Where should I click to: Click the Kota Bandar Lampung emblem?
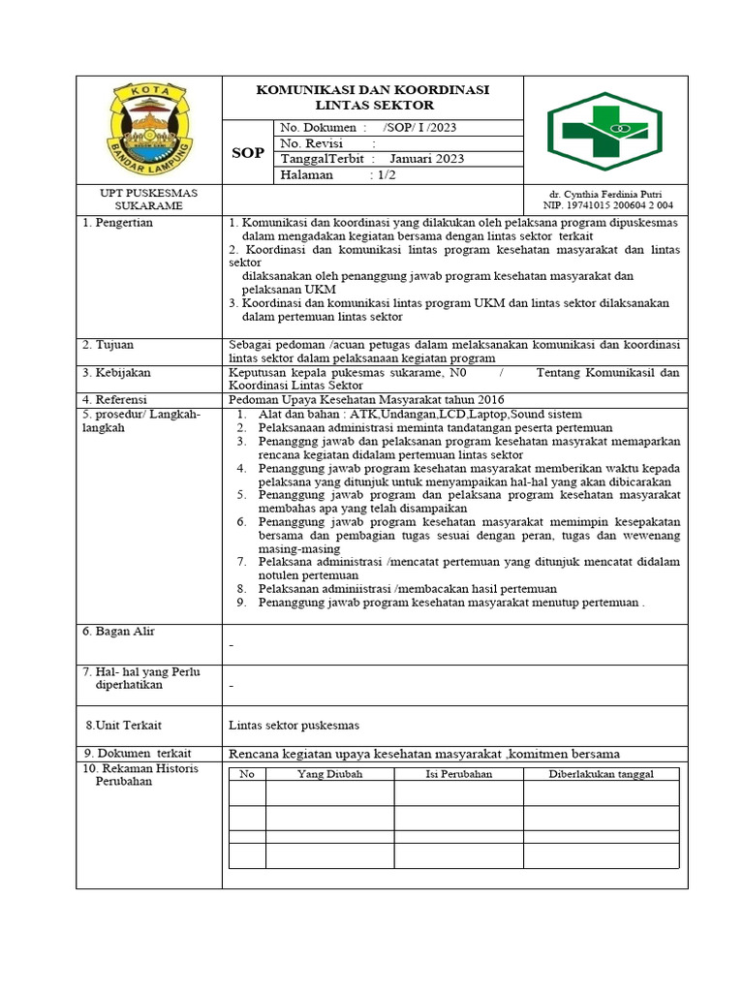149,130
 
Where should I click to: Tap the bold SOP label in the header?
247,153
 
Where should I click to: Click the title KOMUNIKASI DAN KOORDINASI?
372,90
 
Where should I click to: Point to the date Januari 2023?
426,159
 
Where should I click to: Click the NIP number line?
607,205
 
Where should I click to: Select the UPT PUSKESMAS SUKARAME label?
149,200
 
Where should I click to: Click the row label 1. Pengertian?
117,223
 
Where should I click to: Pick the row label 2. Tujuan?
108,345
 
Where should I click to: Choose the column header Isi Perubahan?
458,774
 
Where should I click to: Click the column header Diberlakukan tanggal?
601,774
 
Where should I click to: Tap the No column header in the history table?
247,774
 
